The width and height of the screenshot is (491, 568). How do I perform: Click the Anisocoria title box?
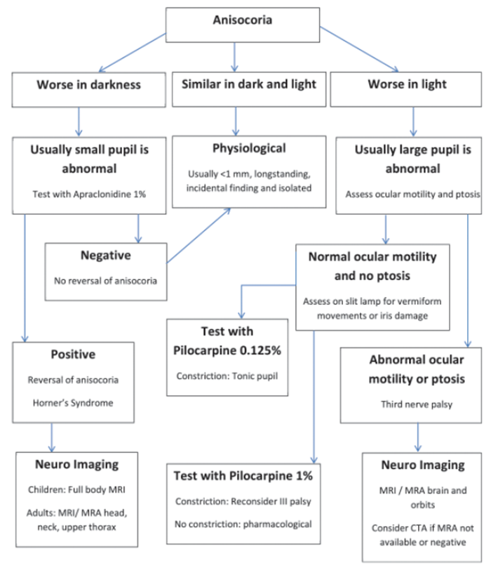242,21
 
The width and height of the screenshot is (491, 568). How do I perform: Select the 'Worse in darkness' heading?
88,85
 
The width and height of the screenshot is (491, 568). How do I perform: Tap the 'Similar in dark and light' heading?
249,84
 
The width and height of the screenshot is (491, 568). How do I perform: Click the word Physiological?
249,149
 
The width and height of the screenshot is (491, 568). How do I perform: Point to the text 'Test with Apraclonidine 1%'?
89,192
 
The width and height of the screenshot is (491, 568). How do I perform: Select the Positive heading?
72,355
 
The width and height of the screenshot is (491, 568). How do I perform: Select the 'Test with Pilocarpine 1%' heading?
243,475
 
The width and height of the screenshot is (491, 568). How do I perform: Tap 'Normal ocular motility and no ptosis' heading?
372,265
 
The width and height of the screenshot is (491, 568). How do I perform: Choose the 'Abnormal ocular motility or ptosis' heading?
416,369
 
